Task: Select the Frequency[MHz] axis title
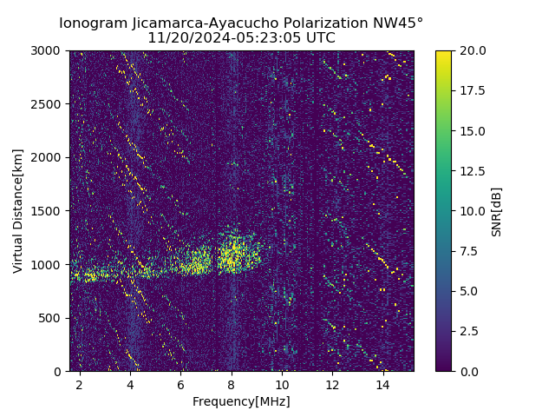pyautogui.click(x=241, y=401)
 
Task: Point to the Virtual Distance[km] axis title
pyautogui.click(x=18, y=210)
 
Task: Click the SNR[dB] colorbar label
pyautogui.click(x=497, y=211)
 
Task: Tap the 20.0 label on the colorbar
pyautogui.click(x=472, y=51)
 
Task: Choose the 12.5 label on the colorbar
pyautogui.click(x=472, y=171)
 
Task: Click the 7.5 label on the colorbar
pyautogui.click(x=468, y=251)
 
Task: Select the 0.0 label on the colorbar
pyautogui.click(x=468, y=372)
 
